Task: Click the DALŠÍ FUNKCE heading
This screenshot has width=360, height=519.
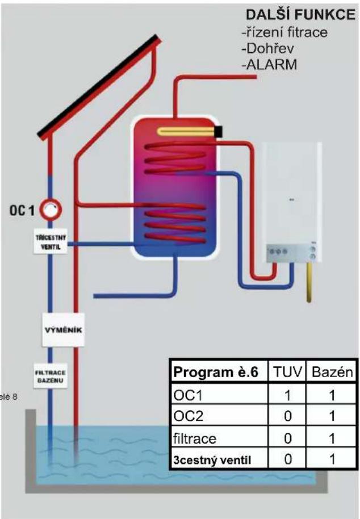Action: (300, 15)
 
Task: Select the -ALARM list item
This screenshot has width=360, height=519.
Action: (269, 65)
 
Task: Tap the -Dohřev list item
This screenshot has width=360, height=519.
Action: (267, 49)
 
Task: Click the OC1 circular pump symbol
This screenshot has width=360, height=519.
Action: (51, 210)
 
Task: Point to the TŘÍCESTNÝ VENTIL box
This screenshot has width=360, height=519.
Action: (51, 242)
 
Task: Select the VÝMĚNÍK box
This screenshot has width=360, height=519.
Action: (63, 330)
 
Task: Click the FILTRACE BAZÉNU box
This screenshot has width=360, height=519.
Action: (51, 376)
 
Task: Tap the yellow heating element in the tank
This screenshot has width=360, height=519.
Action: (187, 131)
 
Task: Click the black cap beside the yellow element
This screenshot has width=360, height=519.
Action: (219, 132)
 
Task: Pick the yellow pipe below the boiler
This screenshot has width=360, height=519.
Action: (309, 283)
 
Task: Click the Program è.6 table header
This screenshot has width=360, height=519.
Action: (215, 372)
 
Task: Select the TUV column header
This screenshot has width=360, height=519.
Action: (287, 372)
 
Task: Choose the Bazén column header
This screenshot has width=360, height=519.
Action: (332, 372)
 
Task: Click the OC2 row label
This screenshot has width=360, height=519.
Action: (188, 416)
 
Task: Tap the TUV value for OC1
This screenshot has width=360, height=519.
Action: (287, 395)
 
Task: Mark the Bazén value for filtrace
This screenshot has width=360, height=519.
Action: (332, 438)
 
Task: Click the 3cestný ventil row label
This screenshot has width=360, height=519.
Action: (212, 460)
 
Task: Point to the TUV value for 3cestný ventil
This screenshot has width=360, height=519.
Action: (288, 459)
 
